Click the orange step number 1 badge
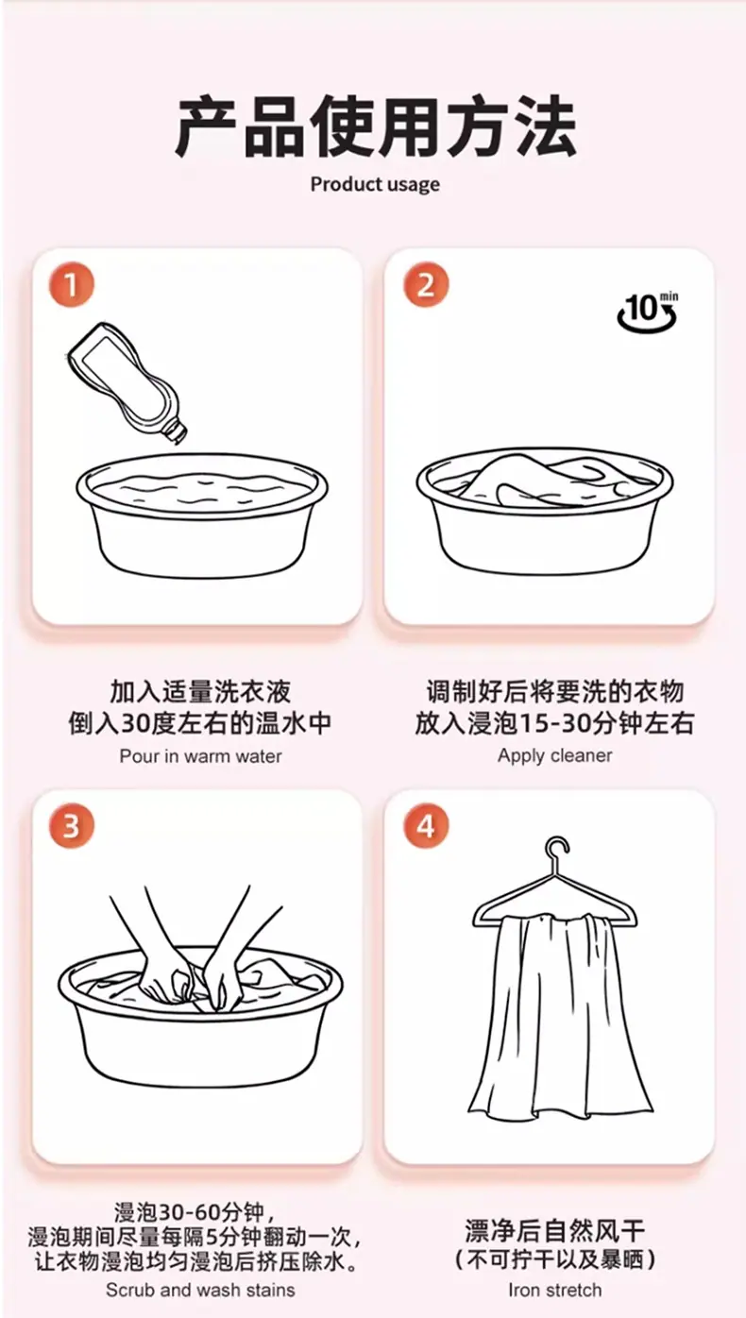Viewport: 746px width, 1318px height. [71, 285]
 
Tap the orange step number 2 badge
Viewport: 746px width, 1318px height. [426, 285]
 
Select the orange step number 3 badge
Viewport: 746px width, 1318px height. [71, 826]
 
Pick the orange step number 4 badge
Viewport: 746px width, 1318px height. [426, 826]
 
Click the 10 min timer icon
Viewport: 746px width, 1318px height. [648, 311]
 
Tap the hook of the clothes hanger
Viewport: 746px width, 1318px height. [556, 852]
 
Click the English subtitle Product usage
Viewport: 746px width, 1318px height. [375, 185]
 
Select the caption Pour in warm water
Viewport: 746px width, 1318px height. [200, 756]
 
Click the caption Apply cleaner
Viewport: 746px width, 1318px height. [555, 755]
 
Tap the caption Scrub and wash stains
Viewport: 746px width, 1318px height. [200, 1290]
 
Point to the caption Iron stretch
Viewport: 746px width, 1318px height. [555, 1290]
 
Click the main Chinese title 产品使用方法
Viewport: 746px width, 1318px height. [375, 127]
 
